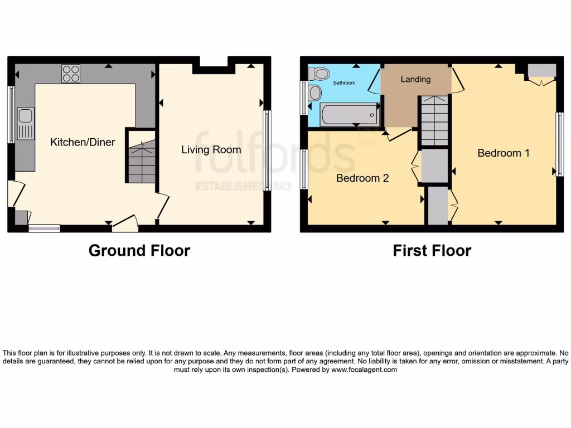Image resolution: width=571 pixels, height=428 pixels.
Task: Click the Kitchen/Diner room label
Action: (x=83, y=142)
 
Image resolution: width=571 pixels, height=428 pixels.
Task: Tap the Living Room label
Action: (x=211, y=149)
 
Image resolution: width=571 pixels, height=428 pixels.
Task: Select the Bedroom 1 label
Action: (x=503, y=153)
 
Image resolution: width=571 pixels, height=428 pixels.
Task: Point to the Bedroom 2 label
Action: (x=362, y=178)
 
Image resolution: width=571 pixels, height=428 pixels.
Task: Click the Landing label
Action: (x=415, y=79)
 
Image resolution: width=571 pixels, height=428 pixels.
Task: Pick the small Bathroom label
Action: (x=344, y=83)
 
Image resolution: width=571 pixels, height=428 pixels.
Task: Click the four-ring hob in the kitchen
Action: (x=71, y=74)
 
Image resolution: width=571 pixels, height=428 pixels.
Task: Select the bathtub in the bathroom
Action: (x=350, y=115)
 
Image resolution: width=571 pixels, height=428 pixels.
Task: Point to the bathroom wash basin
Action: (x=315, y=93)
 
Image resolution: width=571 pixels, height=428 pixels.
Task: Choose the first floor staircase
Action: (x=434, y=120)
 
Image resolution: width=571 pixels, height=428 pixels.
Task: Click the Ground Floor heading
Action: (x=139, y=251)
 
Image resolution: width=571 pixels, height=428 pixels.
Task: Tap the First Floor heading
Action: (x=432, y=251)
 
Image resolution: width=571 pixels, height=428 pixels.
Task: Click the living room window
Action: (x=267, y=150)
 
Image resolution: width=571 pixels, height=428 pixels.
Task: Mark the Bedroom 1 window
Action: (x=559, y=144)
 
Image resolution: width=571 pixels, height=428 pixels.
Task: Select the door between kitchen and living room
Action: (x=162, y=205)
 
